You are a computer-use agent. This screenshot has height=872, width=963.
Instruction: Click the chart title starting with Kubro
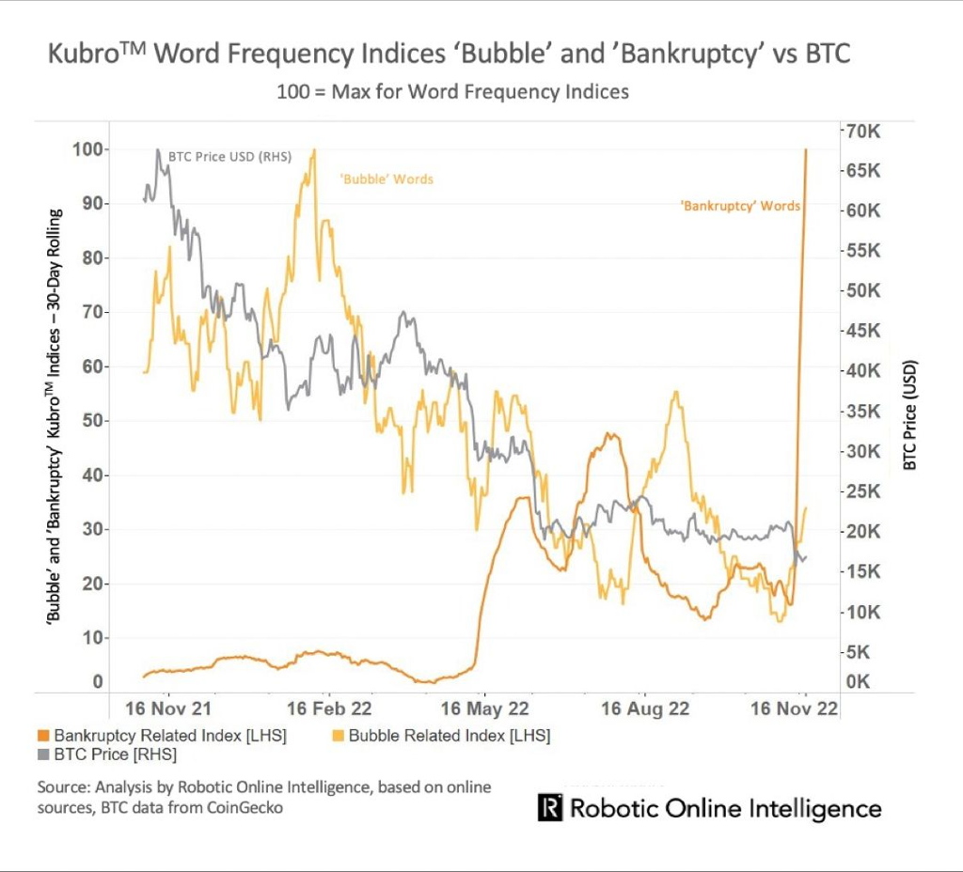449,54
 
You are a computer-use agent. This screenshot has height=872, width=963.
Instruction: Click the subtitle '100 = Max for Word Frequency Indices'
452,92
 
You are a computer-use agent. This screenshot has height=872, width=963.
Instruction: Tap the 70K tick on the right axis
861,131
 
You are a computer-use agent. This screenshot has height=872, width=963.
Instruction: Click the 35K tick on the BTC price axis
861,412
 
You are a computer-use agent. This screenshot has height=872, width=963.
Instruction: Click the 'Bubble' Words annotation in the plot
387,179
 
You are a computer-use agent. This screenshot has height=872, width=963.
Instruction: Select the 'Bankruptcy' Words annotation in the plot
740,205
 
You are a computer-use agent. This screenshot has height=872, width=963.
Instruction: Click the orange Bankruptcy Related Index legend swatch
42,736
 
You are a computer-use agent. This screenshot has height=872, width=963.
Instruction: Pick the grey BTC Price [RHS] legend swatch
42,755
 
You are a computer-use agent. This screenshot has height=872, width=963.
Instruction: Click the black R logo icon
550,808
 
